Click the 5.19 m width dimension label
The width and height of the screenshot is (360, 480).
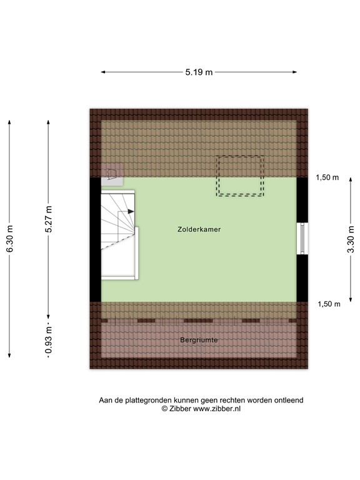(x=199, y=72)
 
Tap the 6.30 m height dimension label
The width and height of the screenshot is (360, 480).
(x=9, y=239)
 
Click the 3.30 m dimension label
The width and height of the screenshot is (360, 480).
(x=351, y=239)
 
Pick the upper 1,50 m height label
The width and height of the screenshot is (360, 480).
(x=327, y=177)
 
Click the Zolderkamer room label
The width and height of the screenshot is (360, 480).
(x=199, y=229)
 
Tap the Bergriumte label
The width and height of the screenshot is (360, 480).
(x=199, y=341)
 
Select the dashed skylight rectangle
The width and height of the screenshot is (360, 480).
(x=241, y=176)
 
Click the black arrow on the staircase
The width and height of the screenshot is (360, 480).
(x=131, y=211)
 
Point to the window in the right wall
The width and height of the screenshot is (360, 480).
(x=302, y=239)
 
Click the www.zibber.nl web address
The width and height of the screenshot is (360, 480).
(x=217, y=409)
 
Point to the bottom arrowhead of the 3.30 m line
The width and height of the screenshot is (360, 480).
(x=351, y=299)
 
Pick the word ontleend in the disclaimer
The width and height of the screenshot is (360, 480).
(x=289, y=400)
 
